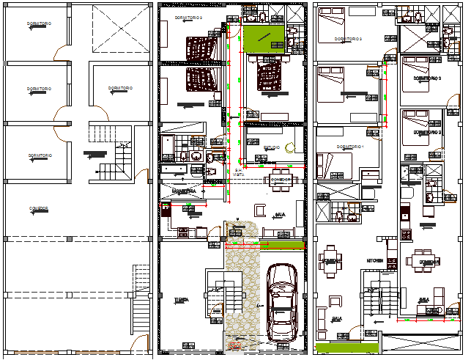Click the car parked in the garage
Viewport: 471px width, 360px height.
[x=281, y=301]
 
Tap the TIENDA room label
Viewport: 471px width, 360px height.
[x=180, y=300]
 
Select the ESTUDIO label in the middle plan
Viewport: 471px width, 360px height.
[x=271, y=147]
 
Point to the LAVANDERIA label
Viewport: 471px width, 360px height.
[x=182, y=191]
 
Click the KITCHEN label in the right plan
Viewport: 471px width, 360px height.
[x=376, y=260]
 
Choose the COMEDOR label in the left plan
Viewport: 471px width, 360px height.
[x=39, y=209]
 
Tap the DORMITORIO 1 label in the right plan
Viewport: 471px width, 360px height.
[x=350, y=147]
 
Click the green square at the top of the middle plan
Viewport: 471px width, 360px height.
[x=263, y=39]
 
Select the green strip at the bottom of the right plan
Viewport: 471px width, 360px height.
[x=348, y=345]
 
